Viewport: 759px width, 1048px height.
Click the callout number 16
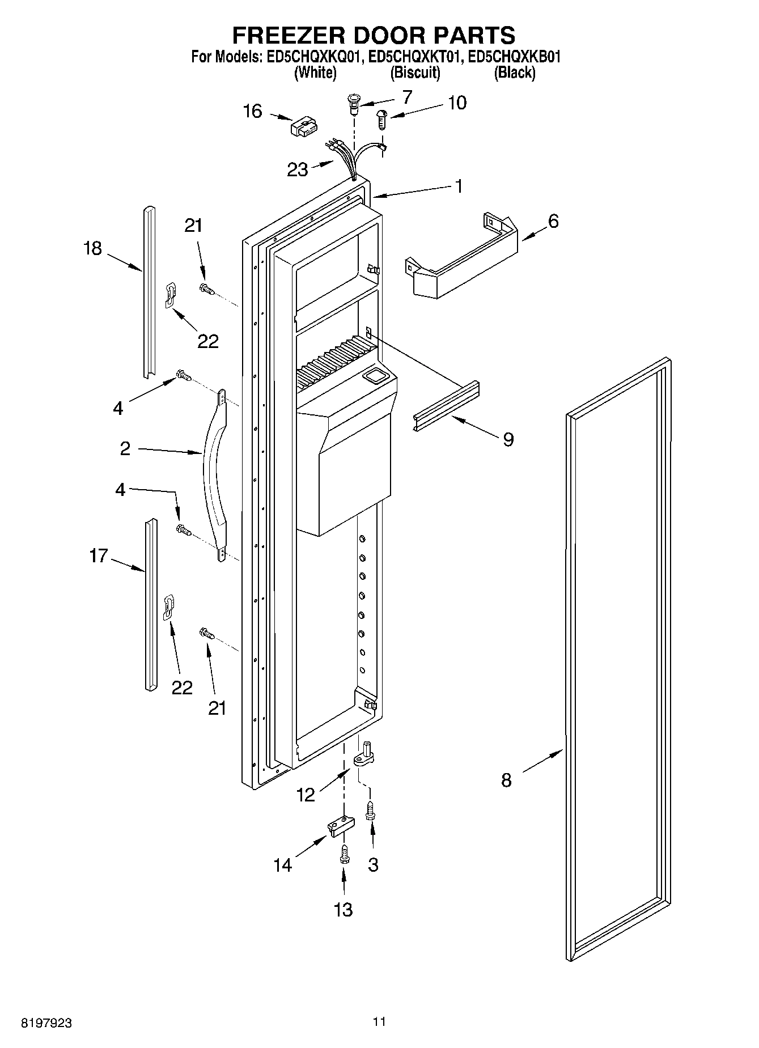253,111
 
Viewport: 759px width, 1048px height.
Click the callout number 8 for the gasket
506,780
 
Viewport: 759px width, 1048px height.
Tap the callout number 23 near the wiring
298,169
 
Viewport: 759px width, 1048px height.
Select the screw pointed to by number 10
381,120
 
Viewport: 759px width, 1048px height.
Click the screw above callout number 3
370,809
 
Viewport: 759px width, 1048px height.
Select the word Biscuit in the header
415,73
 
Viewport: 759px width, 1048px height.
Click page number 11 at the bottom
379,1022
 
